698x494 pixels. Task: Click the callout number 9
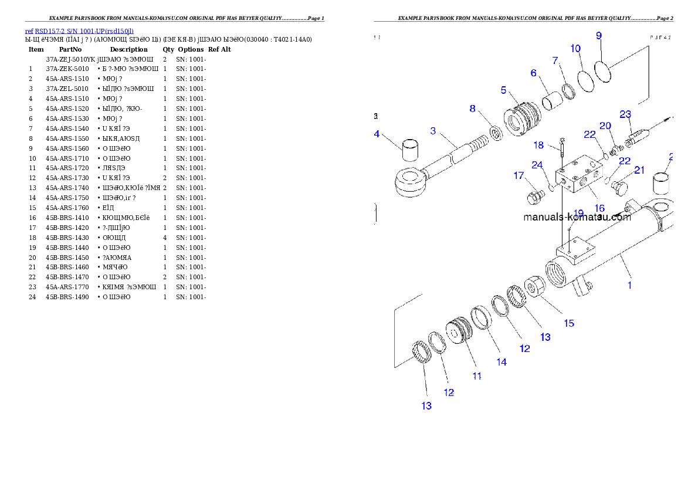[599, 35]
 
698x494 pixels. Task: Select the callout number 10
[575, 48]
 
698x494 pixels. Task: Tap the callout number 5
[504, 90]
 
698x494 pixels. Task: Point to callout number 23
[625, 114]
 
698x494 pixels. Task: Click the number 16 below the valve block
[599, 208]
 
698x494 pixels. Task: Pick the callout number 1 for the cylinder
[629, 286]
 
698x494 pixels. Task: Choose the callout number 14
[502, 362]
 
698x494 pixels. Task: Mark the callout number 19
[578, 214]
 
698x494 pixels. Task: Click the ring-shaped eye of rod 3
[408, 180]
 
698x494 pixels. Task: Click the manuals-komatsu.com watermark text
[577, 217]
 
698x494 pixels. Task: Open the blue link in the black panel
[79, 31]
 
